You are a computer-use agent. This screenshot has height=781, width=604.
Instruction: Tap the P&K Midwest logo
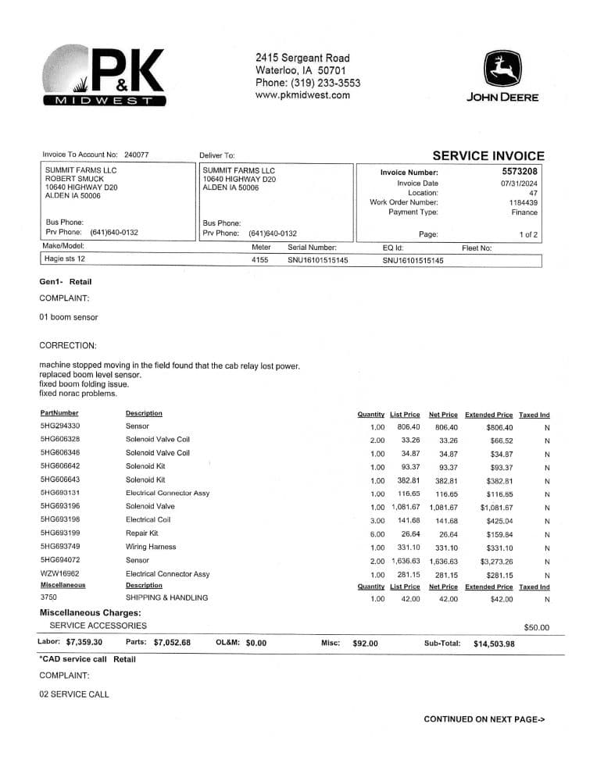click(x=106, y=76)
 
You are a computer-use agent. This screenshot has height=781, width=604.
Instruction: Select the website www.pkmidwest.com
click(x=302, y=95)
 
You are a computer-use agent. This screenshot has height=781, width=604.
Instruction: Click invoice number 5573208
click(x=520, y=172)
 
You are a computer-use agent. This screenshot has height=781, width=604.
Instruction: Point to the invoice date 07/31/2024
click(x=519, y=183)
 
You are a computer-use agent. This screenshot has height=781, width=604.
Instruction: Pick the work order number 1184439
click(x=523, y=202)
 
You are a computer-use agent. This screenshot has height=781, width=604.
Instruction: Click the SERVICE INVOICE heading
click(x=488, y=156)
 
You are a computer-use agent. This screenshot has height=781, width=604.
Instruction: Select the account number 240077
click(x=136, y=155)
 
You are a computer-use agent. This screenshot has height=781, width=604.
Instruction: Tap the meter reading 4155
click(x=260, y=260)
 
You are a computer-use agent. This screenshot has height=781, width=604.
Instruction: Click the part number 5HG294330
click(x=60, y=426)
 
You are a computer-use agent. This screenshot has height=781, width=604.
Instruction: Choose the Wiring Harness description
click(x=151, y=547)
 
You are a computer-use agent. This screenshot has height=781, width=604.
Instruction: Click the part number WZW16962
click(x=58, y=574)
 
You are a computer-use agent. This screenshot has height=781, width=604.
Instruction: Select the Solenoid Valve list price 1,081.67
click(x=406, y=507)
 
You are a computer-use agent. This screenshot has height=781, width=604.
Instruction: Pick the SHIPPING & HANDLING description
click(x=166, y=598)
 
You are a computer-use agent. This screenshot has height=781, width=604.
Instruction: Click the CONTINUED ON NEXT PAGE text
click(x=484, y=719)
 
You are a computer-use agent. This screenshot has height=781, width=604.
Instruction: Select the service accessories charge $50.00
click(x=536, y=627)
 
